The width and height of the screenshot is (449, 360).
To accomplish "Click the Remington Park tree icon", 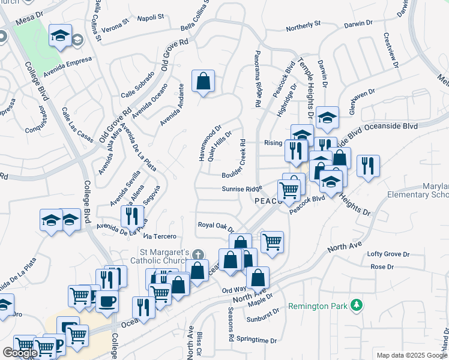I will (357, 305).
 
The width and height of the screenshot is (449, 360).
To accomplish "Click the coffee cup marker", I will (107, 301).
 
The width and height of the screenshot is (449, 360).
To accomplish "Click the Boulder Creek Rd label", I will (237, 159).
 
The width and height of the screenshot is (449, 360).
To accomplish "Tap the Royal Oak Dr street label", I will (215, 226).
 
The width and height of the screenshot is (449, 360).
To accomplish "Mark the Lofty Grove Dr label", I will (389, 254).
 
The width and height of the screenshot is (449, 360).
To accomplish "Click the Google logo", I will (20, 353).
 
